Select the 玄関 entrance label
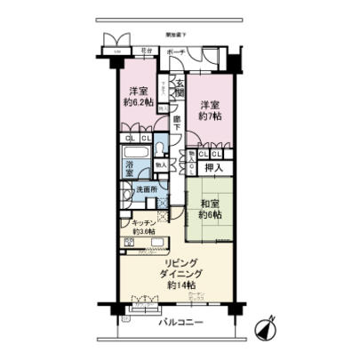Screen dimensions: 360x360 click(178, 86)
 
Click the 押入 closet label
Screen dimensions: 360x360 click(214, 168)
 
